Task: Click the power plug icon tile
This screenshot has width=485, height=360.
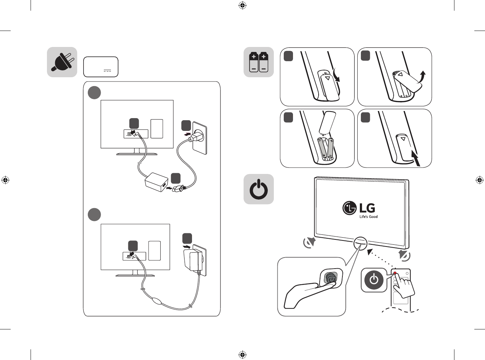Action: (x=62, y=62)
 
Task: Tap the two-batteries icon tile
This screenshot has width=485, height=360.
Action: (x=259, y=62)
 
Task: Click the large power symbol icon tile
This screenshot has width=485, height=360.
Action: (x=259, y=189)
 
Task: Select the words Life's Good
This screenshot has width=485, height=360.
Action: (x=368, y=217)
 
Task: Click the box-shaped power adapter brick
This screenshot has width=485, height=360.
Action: (x=156, y=182)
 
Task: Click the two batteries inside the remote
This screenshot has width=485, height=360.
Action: (x=326, y=149)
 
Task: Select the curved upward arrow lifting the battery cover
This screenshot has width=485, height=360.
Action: (x=421, y=76)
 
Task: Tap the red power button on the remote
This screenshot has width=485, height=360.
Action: (x=395, y=273)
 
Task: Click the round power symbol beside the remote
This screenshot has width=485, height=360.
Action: (x=374, y=280)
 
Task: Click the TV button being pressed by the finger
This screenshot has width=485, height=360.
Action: (x=331, y=278)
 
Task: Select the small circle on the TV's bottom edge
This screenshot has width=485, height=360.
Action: (x=360, y=243)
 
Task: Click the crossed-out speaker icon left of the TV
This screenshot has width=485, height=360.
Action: (x=310, y=242)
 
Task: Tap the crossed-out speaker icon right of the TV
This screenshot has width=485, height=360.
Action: (x=405, y=255)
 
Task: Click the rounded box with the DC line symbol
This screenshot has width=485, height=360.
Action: (x=101, y=67)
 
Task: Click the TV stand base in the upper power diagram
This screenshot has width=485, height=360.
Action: (x=137, y=154)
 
